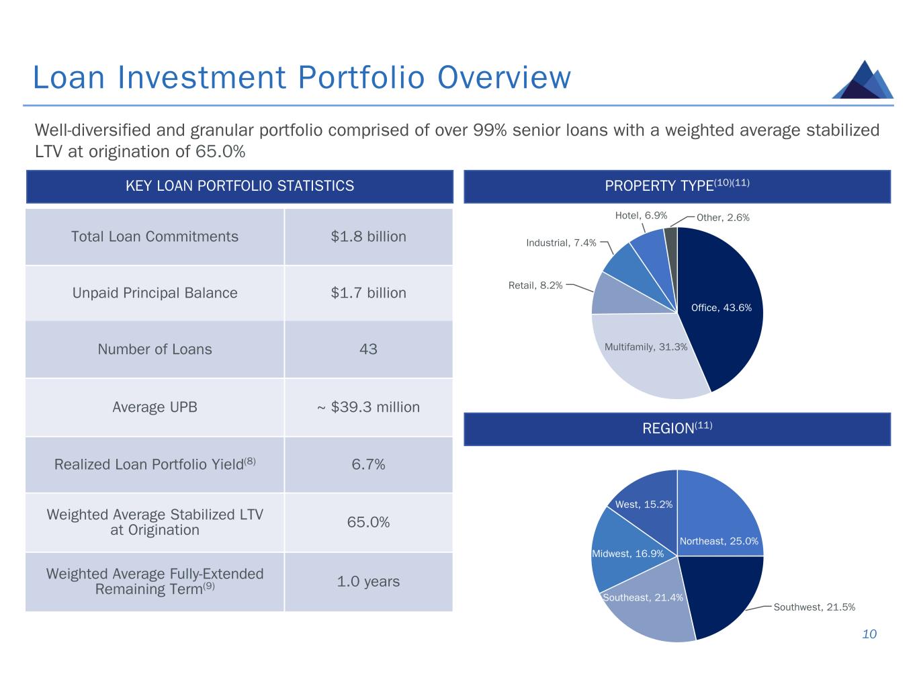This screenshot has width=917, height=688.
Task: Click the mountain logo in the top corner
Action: pos(863,80)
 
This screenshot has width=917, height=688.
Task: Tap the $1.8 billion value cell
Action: pos(368,236)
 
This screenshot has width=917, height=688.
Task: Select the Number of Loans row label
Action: pos(155,349)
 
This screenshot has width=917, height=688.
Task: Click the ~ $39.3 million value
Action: pos(368,407)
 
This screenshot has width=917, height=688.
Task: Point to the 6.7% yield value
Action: pos(368,464)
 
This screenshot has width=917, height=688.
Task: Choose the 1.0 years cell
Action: pos(368,581)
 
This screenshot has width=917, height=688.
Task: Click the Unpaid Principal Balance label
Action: pos(155,293)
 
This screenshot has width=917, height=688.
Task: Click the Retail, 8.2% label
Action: pos(535,286)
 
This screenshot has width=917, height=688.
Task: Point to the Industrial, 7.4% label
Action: pos(561,243)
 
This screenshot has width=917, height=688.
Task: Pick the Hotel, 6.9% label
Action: pos(641,216)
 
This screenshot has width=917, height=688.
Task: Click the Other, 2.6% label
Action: pos(723,218)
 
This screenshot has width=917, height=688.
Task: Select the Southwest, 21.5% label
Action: pos(814,607)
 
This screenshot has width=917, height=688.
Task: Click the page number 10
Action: pos(869,634)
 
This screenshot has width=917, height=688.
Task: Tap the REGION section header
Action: pos(677,429)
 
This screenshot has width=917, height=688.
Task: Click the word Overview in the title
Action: pos(504,77)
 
